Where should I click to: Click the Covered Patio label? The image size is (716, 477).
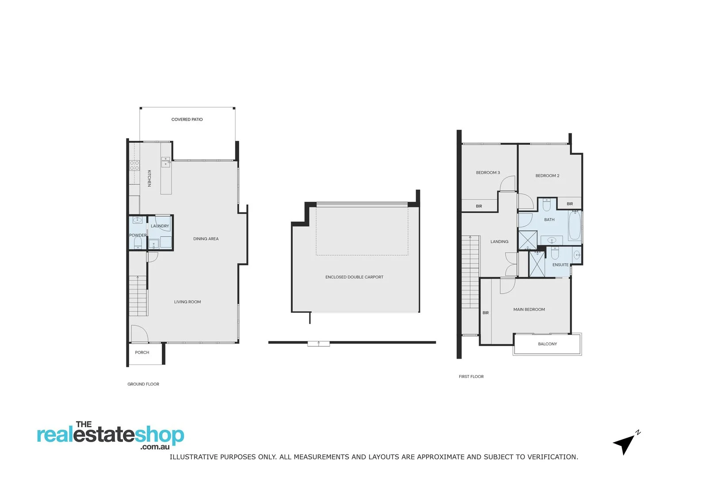coord(187,119)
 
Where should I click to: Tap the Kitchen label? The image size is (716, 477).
coord(149,178)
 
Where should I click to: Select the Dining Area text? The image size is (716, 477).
coord(206,239)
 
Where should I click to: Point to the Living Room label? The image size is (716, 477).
coord(187,302)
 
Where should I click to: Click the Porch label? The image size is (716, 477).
coord(142,352)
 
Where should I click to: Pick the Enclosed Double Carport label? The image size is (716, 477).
coord(354,277)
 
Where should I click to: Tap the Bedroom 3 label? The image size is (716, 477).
coord(488,173)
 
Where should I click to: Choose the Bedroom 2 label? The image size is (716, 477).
coord(547,176)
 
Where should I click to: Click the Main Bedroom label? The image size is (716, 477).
coord(529,310)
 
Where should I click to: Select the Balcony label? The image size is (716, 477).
coord(547,344)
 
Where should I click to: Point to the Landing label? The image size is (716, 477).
coord(499,242)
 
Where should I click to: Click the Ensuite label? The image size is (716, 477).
coord(560,265)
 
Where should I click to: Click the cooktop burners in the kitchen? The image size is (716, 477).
coord(134,166)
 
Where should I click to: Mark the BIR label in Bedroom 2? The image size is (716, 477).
coord(570,204)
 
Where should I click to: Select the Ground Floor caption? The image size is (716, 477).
coord(143,384)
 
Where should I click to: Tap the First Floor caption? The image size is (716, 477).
coord(471,377)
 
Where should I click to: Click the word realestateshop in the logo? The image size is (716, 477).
coord(110,435)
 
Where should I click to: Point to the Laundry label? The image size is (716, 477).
coord(160,226)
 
